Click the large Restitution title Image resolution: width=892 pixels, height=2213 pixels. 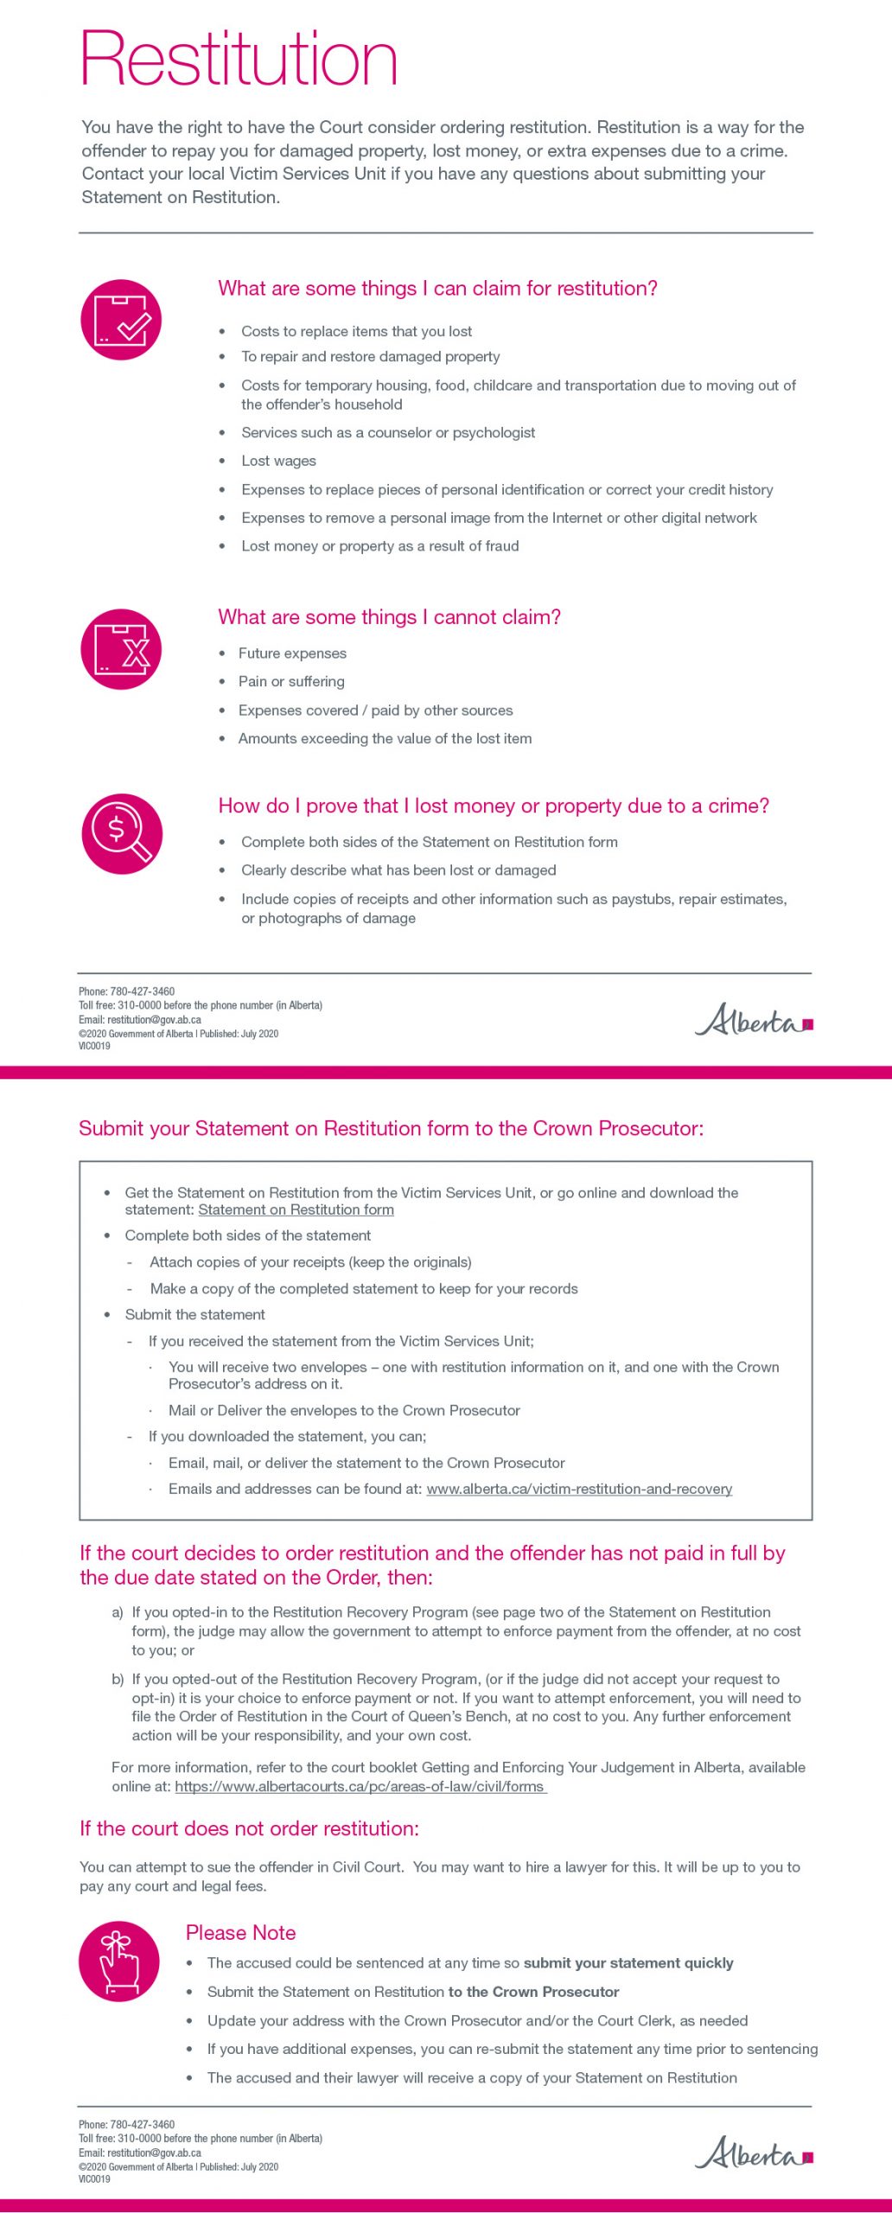coord(239,59)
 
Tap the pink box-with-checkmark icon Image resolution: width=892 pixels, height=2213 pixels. coord(121,320)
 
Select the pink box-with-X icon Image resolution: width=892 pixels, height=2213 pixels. coord(121,649)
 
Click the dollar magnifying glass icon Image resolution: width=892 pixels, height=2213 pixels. coord(122,834)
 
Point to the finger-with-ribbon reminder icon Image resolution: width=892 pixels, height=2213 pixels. coord(119,1961)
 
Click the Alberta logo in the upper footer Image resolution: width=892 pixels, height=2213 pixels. coord(754,1021)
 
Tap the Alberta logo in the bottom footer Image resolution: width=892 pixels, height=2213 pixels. coord(754,2153)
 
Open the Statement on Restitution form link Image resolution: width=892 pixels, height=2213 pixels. coord(296,1210)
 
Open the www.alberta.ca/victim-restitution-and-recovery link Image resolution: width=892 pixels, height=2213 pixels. coord(579,1489)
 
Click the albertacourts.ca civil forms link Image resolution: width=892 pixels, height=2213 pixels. coord(360,1786)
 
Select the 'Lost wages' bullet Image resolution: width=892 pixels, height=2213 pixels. coord(278,461)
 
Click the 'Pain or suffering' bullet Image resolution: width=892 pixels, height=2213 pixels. coord(291,681)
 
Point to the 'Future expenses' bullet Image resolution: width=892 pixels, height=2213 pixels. coord(292,654)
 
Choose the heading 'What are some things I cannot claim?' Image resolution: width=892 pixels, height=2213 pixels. coord(389,617)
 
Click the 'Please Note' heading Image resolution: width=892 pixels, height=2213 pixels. coord(240,1932)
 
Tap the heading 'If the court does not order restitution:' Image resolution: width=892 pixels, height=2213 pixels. coord(249,1828)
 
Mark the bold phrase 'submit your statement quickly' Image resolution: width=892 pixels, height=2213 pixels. coord(628,1963)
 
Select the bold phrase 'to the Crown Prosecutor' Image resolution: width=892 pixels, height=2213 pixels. coord(533,1992)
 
